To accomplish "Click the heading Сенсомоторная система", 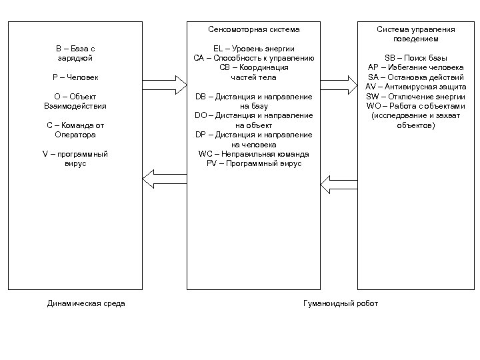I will pyautogui.click(x=254, y=30).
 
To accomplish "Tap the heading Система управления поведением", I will pyautogui.click(x=416, y=34).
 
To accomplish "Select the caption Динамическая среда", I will pyautogui.click(x=86, y=304).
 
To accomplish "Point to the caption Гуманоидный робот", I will pyautogui.click(x=340, y=304).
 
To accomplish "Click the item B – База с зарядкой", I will pyautogui.click(x=75, y=53).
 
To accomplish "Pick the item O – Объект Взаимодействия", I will pyautogui.click(x=75, y=101).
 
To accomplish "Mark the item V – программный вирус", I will pyautogui.click(x=75, y=159).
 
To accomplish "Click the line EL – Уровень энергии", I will pyautogui.click(x=254, y=49).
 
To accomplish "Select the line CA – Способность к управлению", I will pyautogui.click(x=254, y=58).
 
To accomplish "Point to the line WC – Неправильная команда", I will pyautogui.click(x=254, y=154).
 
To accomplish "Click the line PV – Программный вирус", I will pyautogui.click(x=254, y=163).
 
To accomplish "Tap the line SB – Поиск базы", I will pyautogui.click(x=416, y=58).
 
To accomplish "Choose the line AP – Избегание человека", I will pyautogui.click(x=416, y=67).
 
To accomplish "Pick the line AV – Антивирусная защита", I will pyautogui.click(x=416, y=87).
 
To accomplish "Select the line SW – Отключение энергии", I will pyautogui.click(x=416, y=97).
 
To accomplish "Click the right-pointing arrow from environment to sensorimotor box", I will pyautogui.click(x=164, y=85).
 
